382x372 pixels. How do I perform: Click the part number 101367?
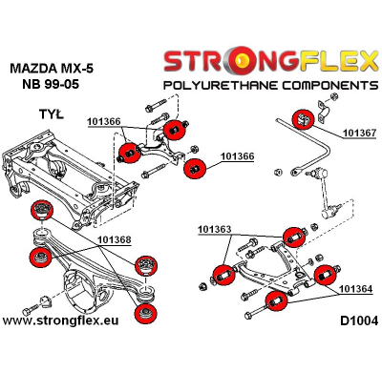(x=357, y=134)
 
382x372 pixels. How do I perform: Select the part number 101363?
(x=218, y=230)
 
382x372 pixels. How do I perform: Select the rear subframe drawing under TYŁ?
(x=57, y=167)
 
